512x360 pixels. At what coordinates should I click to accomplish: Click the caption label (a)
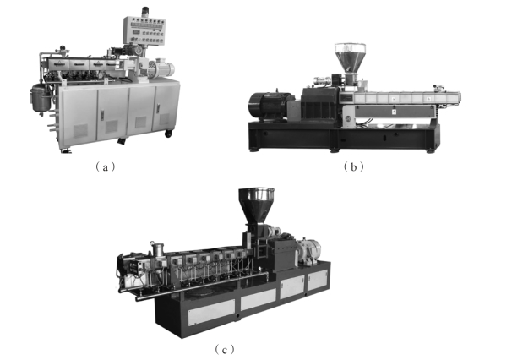105,167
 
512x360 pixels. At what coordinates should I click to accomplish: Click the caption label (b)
354,167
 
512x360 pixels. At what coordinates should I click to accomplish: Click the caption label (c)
225,350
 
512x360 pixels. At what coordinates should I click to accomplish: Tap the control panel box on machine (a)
144,30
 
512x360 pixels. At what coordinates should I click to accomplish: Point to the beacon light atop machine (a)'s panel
145,12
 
